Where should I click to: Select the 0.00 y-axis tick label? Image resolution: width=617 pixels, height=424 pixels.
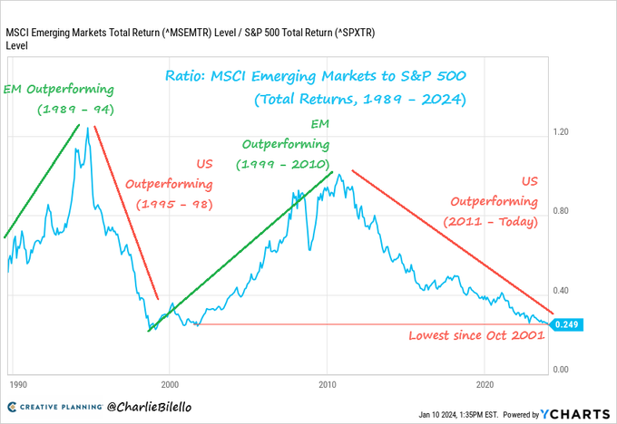pyautogui.click(x=563, y=370)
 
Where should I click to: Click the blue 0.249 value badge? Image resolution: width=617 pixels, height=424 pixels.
pyautogui.click(x=566, y=324)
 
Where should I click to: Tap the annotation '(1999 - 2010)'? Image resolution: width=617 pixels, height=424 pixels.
pyautogui.click(x=286, y=165)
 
